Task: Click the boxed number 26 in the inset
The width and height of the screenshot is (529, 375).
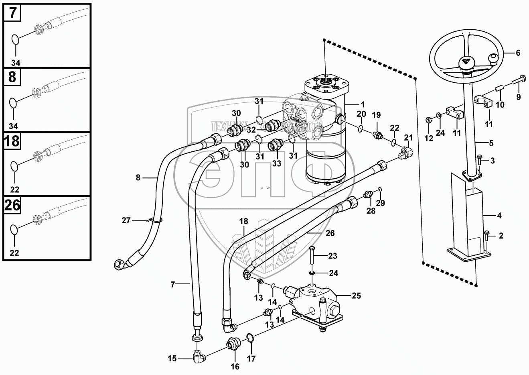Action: (x=12, y=205)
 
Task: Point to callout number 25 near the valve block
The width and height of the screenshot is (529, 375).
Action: (x=356, y=296)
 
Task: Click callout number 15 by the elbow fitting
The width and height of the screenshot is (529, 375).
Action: (x=172, y=359)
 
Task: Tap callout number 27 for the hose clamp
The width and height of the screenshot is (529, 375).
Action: (x=126, y=220)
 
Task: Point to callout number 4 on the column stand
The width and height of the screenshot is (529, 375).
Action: (x=499, y=216)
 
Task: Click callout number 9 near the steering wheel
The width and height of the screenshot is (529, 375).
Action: (x=518, y=97)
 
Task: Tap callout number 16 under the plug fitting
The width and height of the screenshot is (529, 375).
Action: (x=235, y=366)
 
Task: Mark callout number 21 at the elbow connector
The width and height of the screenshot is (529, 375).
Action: (x=408, y=138)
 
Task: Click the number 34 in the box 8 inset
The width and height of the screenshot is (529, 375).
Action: (x=14, y=126)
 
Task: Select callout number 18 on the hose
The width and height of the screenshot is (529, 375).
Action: (x=243, y=221)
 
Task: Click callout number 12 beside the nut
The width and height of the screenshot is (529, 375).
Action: (x=429, y=139)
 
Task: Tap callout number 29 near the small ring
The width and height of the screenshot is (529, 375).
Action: (x=380, y=203)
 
